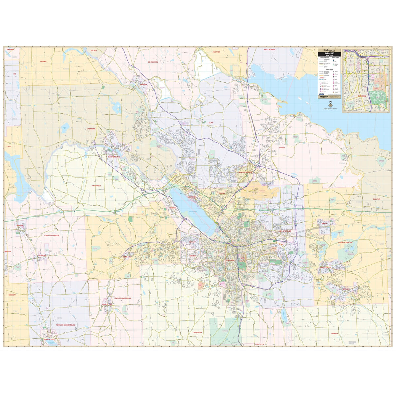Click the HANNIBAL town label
click(x=11, y=49)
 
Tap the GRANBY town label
click(x=43, y=61)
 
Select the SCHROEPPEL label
click(x=153, y=62)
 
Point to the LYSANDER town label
click(x=91, y=129)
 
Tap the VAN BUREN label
click(x=96, y=186)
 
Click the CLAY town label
click(x=211, y=123)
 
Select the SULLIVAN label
click(x=377, y=199)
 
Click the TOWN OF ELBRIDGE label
click(x=51, y=235)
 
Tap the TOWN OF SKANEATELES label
click(x=65, y=325)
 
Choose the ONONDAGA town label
click(x=197, y=332)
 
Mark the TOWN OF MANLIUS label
click(x=345, y=242)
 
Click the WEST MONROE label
click(x=269, y=49)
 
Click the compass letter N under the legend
click(x=330, y=102)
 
